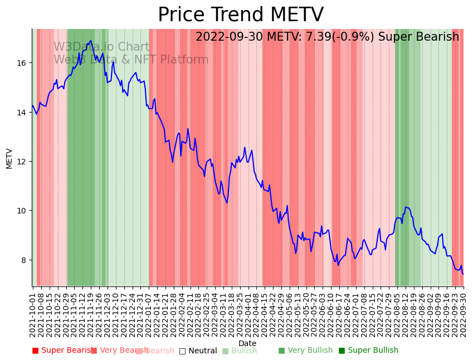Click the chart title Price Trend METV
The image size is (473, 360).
click(x=240, y=15)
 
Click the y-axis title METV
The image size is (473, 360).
click(x=9, y=158)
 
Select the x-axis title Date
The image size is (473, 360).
click(x=247, y=344)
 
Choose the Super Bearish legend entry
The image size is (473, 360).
click(x=62, y=351)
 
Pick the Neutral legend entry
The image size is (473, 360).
click(x=198, y=351)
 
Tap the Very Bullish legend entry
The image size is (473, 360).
click(x=305, y=351)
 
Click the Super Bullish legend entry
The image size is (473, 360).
click(x=368, y=351)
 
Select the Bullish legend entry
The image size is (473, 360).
click(x=240, y=351)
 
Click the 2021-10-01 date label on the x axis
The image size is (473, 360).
click(x=33, y=312)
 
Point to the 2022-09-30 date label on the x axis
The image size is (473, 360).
click(x=463, y=312)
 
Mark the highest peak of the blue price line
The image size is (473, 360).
click(x=90, y=41)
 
